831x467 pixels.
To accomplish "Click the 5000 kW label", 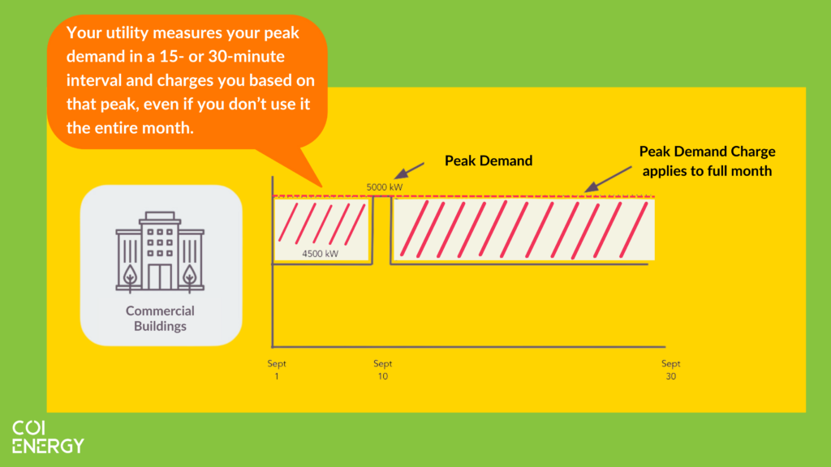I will (x=385, y=187).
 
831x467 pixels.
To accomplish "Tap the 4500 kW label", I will (x=320, y=254).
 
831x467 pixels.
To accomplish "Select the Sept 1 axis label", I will (x=277, y=370).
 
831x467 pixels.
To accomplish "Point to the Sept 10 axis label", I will (x=383, y=370).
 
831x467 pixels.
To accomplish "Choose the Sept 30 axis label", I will (x=670, y=370).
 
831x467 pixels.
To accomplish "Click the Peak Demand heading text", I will (x=489, y=161).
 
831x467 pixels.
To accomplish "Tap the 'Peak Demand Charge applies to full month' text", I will (x=707, y=161).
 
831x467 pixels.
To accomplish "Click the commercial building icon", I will (x=160, y=252).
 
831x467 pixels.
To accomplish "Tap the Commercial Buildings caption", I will (x=160, y=319).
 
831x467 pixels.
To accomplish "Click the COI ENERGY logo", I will (x=47, y=437).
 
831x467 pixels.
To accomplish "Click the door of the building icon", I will (x=160, y=276).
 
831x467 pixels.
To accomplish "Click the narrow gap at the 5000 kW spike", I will (x=383, y=231).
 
